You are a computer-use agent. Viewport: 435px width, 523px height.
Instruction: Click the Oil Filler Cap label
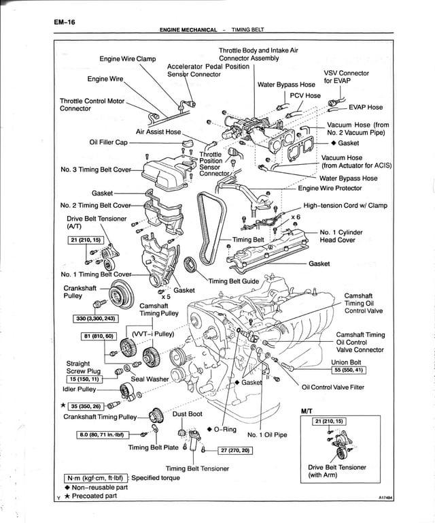point(109,142)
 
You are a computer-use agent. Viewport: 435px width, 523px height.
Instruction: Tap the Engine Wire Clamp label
point(128,59)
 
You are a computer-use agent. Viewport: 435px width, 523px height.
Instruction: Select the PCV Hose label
point(305,96)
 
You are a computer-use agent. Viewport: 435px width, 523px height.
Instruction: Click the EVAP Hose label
point(366,107)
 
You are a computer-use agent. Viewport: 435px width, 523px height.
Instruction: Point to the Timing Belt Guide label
point(234,281)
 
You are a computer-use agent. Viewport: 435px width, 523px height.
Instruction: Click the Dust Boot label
point(187,413)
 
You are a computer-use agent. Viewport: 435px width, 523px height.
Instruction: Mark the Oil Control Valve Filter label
point(338,387)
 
